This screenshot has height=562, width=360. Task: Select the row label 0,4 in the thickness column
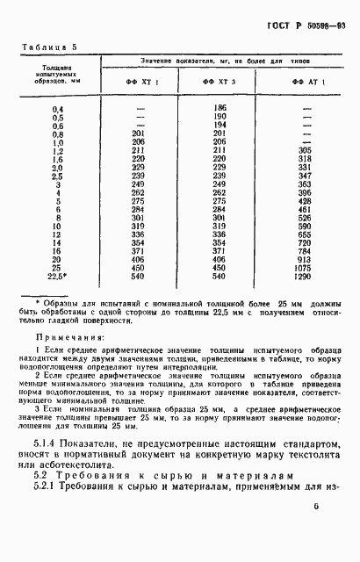pos(58,107)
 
